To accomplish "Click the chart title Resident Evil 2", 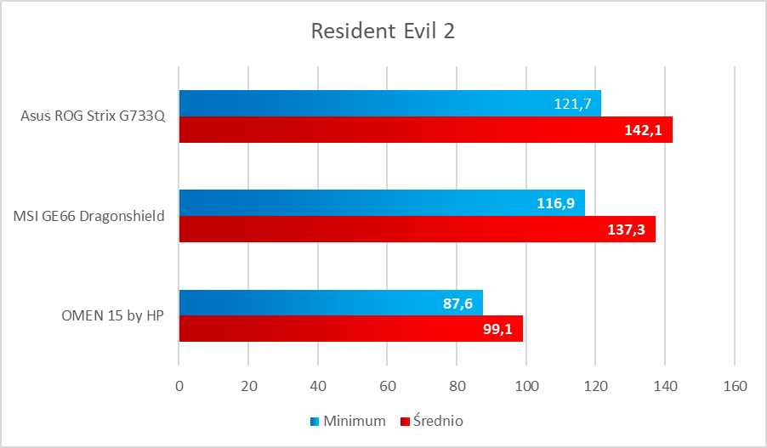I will tap(383, 31).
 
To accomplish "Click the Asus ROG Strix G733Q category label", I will tap(92, 116).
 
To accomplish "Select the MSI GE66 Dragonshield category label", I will tap(88, 216).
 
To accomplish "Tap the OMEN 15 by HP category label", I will tap(112, 315).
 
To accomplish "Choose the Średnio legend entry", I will tap(438, 421).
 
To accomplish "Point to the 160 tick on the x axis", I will tap(734, 386).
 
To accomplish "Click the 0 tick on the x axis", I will tap(179, 386).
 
